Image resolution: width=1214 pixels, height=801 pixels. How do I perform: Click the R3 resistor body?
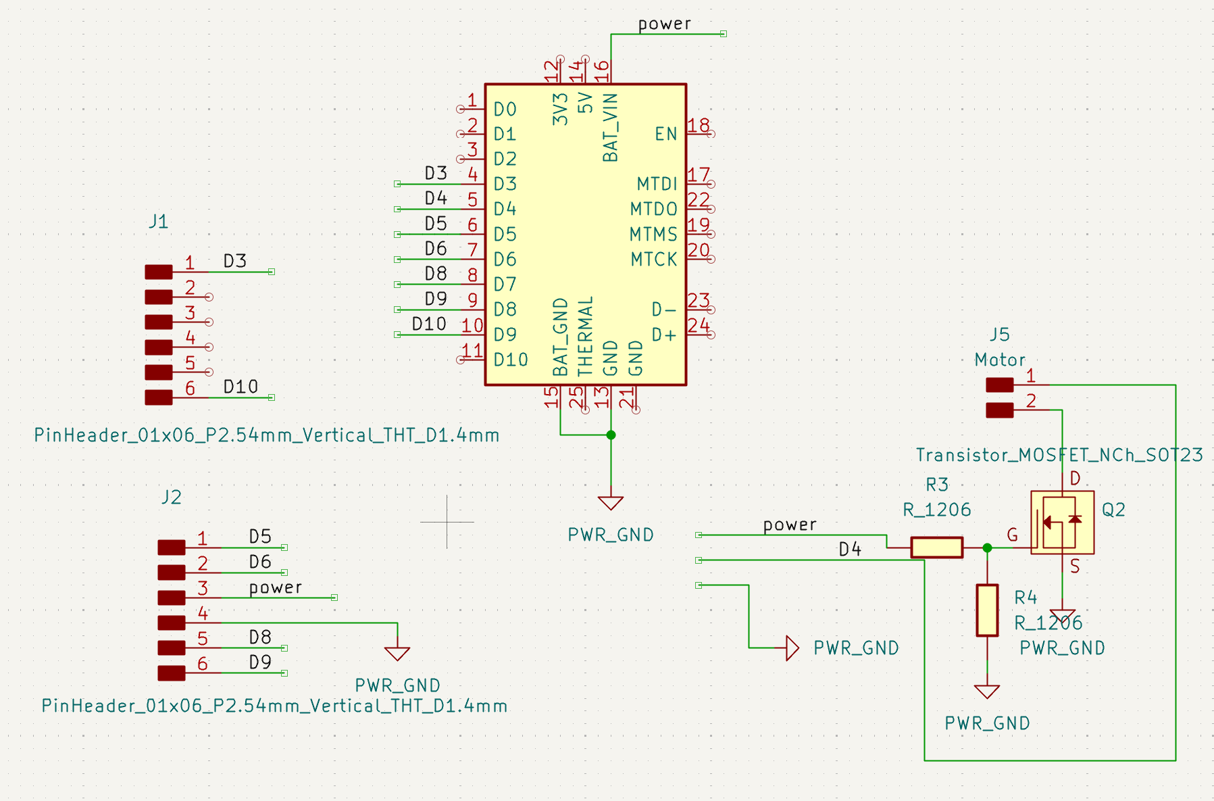[936, 547]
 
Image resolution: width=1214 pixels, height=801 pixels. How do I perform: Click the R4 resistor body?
[987, 610]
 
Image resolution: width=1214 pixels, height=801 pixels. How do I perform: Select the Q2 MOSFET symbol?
[1061, 523]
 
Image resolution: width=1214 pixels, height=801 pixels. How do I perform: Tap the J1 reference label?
[158, 222]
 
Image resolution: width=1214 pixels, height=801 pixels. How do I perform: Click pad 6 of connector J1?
[159, 397]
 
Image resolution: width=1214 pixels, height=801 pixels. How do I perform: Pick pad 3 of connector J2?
[171, 598]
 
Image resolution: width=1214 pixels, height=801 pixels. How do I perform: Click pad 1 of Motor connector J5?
[999, 385]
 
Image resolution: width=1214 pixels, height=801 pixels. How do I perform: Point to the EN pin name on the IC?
[665, 134]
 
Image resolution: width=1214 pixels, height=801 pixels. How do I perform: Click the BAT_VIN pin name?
[610, 128]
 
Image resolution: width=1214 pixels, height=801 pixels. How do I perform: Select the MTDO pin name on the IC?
[653, 209]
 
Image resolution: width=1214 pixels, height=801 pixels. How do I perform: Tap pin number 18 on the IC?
[699, 126]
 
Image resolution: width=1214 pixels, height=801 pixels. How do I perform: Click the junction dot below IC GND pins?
[611, 435]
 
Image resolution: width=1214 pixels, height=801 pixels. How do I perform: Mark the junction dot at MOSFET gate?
[987, 548]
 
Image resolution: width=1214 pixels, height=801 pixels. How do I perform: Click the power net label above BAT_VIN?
[664, 24]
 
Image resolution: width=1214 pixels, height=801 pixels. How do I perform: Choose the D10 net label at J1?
[241, 387]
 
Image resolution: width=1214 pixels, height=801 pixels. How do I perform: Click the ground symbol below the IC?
[611, 503]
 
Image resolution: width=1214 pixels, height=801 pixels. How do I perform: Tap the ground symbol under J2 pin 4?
[397, 653]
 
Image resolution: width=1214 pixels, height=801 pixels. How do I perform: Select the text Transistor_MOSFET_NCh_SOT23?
[1059, 455]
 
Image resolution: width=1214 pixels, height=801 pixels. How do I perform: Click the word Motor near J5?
[999, 360]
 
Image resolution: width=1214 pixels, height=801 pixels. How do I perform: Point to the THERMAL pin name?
[585, 335]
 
